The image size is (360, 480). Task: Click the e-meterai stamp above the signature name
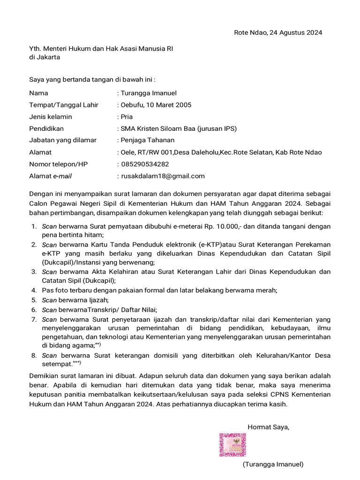tap(233, 445)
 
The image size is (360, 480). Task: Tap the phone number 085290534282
tap(145, 164)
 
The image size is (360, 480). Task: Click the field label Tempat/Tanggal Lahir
tap(64, 105)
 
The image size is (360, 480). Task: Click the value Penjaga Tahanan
tap(148, 140)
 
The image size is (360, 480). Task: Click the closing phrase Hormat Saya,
tap(268, 427)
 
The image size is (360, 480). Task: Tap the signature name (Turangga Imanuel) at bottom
tap(273, 464)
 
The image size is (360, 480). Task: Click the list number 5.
tap(34, 300)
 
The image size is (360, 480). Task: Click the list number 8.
tap(34, 355)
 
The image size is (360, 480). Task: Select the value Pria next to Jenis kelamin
tap(127, 117)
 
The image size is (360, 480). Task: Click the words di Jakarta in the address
tap(45, 57)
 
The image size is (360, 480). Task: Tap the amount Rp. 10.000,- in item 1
tap(221, 226)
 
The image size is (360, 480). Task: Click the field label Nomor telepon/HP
tap(58, 164)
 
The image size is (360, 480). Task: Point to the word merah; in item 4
tap(266, 290)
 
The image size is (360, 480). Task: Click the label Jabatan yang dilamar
tap(63, 140)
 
